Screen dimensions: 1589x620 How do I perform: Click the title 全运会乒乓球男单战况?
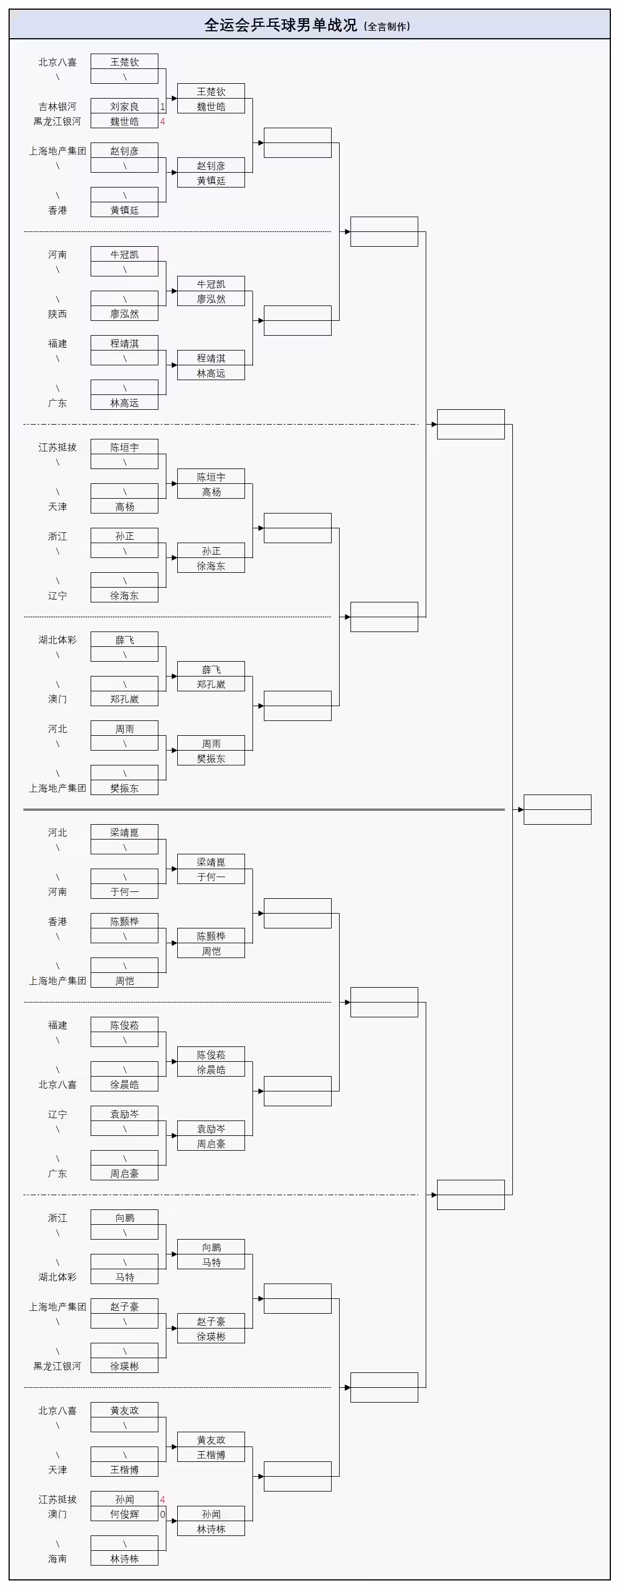(281, 25)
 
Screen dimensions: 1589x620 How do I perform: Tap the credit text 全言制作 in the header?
(387, 27)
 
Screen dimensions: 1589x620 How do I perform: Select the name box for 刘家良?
(124, 106)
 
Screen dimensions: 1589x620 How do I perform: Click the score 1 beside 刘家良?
(162, 106)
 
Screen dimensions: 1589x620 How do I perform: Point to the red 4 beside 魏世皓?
(162, 121)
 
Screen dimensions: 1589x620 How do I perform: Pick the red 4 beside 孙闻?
(162, 1499)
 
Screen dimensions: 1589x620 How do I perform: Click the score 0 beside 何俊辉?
(162, 1514)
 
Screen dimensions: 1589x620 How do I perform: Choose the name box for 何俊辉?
(124, 1514)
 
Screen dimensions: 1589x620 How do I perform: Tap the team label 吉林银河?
(58, 106)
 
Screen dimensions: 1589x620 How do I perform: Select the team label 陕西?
(58, 314)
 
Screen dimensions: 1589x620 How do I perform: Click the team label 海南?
(58, 1558)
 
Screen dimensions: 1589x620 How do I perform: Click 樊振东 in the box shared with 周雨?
(211, 758)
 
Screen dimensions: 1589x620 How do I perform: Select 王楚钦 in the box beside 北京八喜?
(124, 62)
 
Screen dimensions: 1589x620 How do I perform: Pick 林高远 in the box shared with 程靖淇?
(211, 373)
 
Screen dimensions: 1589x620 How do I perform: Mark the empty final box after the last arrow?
(557, 809)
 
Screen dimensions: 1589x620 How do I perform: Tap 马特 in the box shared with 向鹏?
(211, 1262)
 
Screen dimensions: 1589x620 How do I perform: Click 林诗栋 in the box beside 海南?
(124, 1558)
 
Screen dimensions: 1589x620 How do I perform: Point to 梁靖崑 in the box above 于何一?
(211, 862)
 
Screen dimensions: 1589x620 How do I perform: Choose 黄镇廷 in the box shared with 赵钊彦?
(211, 180)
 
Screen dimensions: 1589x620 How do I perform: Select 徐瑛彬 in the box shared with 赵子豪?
(211, 1336)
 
